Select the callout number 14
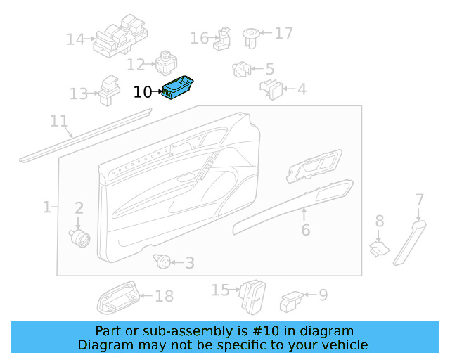75,39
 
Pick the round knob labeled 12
167,63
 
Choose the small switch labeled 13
109,89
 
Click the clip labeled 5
240,69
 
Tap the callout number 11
59,121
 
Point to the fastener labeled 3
162,262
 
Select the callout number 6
305,230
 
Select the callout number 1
47,207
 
